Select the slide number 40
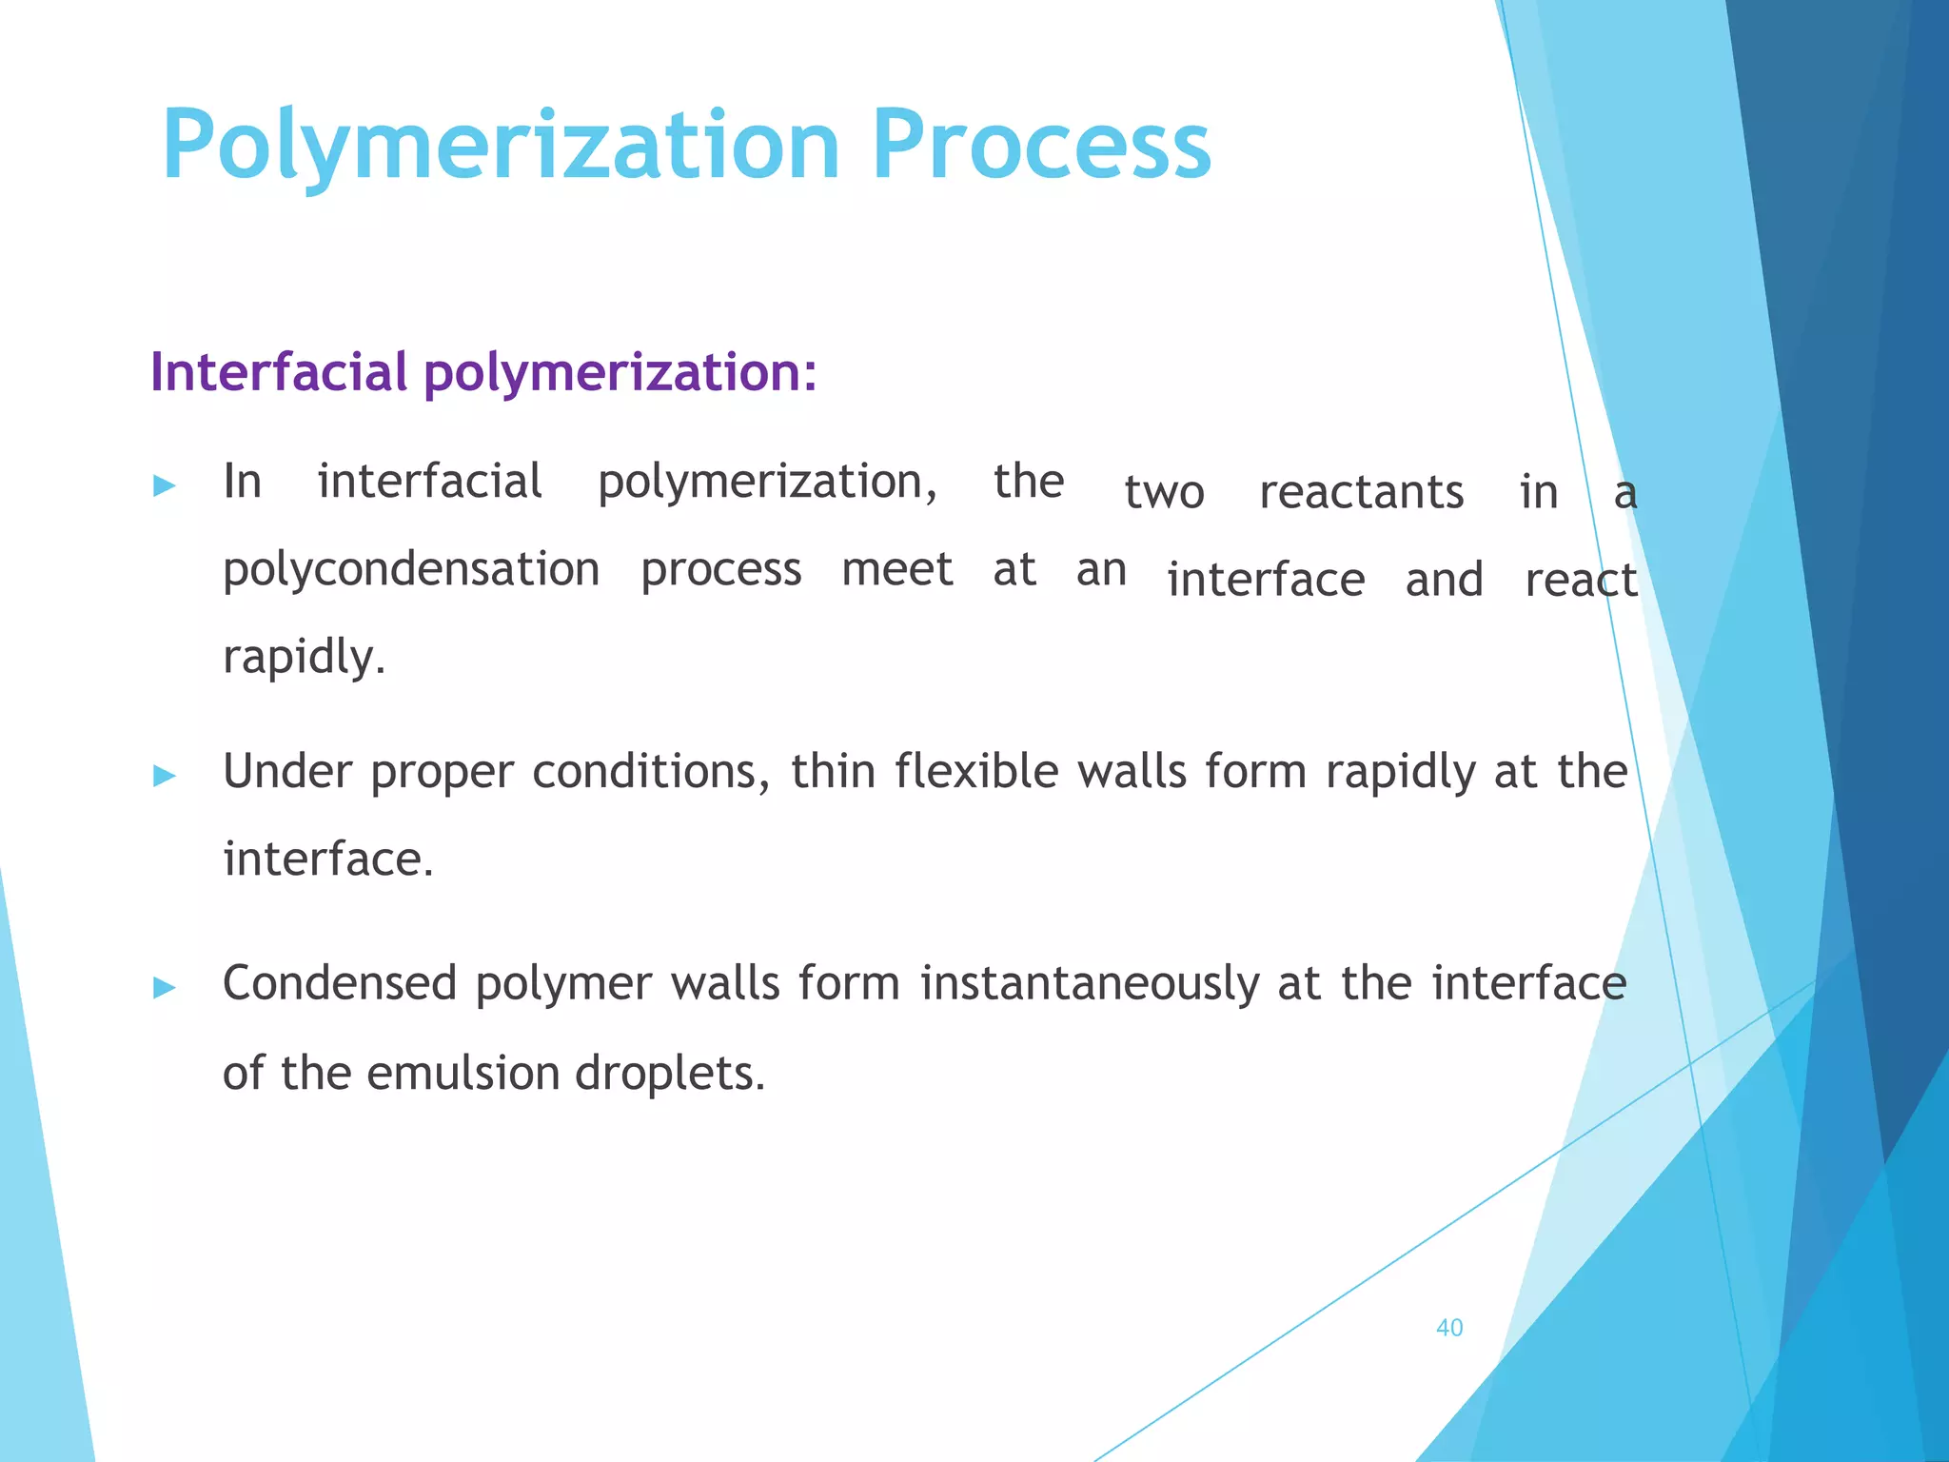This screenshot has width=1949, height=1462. tap(1448, 1328)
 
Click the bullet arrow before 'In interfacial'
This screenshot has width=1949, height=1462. tap(165, 486)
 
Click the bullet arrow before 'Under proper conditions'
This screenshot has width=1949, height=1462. tap(165, 776)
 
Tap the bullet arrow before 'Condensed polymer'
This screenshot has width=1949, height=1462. tap(165, 987)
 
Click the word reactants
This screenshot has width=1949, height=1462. tap(1361, 493)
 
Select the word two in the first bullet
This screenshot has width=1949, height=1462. tap(1164, 493)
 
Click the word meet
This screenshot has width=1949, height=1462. tap(896, 570)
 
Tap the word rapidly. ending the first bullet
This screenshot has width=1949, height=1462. tap(304, 658)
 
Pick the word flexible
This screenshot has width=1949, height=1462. tap(976, 771)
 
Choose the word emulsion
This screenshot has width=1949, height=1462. tap(463, 1073)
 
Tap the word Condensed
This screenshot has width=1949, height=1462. tap(340, 983)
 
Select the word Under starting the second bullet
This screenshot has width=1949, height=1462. tap(287, 771)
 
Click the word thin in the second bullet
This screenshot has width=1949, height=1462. tap(833, 771)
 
